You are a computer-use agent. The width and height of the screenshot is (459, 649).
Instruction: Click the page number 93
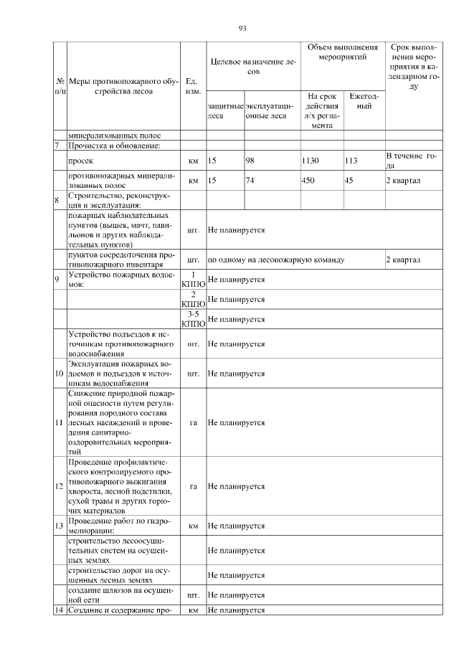pos(242,29)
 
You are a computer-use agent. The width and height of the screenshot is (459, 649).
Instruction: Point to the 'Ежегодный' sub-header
pos(364,101)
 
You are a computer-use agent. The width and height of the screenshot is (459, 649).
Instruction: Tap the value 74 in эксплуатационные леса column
pos(250,181)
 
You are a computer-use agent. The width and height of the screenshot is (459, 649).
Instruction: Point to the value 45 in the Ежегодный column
pos(349,181)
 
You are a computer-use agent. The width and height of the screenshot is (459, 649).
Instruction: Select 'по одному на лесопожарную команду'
pos(276,260)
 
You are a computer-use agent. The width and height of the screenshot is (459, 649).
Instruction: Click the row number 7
pos(57,146)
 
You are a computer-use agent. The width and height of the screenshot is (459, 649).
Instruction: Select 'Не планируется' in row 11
pos(236,423)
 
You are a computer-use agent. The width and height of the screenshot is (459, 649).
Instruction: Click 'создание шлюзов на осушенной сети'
pos(120,594)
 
